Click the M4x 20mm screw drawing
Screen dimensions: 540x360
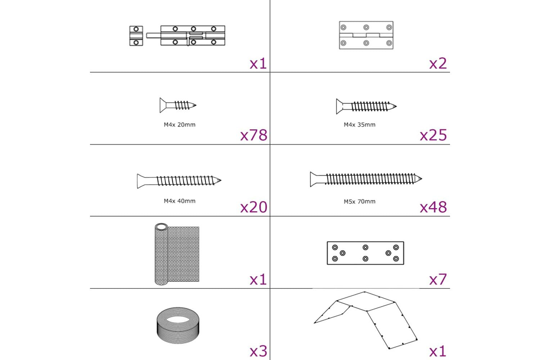[178, 105]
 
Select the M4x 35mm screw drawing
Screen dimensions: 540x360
[366, 106]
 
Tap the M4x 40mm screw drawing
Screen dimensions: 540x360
[179, 181]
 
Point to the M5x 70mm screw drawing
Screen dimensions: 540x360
[366, 179]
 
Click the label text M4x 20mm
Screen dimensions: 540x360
[180, 125]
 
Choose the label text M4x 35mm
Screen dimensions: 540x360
[359, 125]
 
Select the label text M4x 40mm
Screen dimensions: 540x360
[180, 201]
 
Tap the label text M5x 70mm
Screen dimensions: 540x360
[359, 201]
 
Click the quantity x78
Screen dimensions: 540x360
[254, 135]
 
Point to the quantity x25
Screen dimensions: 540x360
[433, 135]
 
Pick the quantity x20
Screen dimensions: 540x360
[254, 207]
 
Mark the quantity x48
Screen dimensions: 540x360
[433, 207]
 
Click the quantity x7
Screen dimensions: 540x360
[438, 279]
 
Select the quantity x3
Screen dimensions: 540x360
[258, 351]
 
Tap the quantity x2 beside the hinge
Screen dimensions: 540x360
[438, 63]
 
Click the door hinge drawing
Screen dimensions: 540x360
[366, 35]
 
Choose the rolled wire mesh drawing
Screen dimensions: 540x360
[177, 254]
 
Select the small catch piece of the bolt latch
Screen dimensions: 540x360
[136, 36]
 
